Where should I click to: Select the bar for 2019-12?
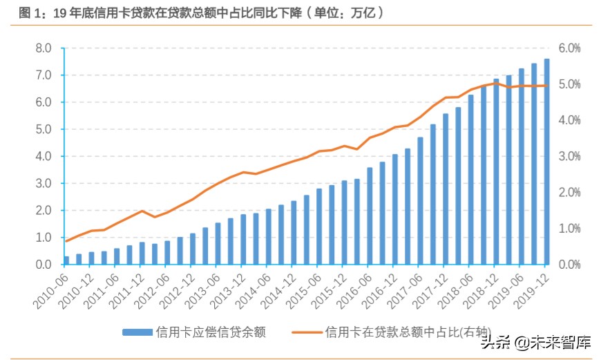point(546,162)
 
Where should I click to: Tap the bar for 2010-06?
point(66,260)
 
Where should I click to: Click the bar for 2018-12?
point(496,172)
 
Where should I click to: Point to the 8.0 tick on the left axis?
point(44,48)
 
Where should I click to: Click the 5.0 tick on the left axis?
point(44,129)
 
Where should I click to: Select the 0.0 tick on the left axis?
point(44,265)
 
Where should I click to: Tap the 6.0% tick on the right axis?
point(570,48)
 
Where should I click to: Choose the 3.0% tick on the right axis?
point(570,156)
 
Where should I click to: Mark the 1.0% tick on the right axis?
point(570,229)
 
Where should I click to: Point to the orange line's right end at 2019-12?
point(546,86)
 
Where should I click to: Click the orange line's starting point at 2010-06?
point(66,240)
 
